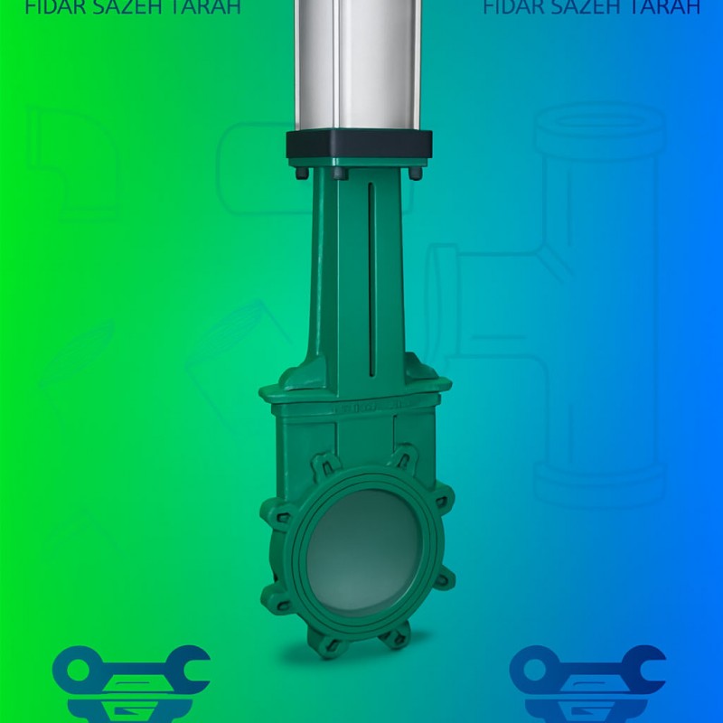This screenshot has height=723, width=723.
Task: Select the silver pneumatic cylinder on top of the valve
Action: coord(360,63)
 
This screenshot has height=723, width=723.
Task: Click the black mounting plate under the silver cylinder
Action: coord(360,146)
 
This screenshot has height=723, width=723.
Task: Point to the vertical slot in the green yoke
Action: coord(371,280)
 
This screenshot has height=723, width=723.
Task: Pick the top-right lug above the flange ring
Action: coord(403,457)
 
